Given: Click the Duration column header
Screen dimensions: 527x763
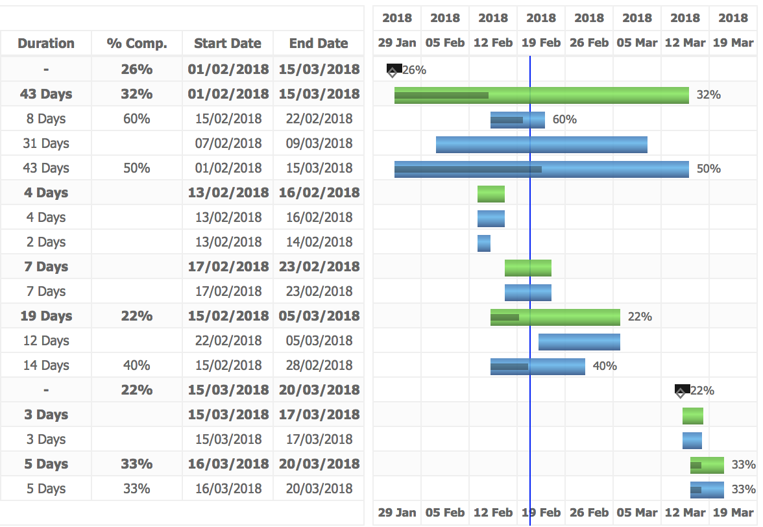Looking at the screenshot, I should point(46,43).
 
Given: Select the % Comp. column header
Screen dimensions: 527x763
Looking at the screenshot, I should point(137,43).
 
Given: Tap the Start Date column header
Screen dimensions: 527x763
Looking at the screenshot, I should point(228,43).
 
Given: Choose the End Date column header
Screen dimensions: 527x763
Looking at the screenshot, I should point(319,43).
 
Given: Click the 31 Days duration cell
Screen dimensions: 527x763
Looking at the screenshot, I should point(46,143).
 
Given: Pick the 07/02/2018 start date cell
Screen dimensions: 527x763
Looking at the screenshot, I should point(228,143).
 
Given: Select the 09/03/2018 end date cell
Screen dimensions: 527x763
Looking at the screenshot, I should point(319,143).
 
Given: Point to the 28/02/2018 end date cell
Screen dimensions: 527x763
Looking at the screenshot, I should point(319,365).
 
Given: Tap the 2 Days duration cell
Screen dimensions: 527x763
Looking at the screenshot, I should point(46,242).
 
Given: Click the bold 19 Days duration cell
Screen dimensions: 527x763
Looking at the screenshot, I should point(46,316).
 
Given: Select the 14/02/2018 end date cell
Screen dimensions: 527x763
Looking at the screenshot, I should point(319,242).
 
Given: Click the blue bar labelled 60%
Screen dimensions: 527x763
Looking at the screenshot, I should point(517,120).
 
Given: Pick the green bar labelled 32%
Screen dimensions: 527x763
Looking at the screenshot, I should point(541,95).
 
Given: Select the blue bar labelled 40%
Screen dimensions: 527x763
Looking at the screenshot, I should point(537,367).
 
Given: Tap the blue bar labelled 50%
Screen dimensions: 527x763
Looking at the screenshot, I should point(541,169).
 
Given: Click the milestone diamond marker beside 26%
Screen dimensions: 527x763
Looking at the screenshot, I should point(393,71).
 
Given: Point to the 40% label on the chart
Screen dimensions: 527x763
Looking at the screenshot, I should point(605,367).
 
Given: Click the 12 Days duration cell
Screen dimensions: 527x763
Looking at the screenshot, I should point(46,341).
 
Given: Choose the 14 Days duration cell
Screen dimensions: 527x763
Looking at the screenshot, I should point(46,365).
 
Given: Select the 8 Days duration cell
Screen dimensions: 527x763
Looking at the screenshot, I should point(46,119).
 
